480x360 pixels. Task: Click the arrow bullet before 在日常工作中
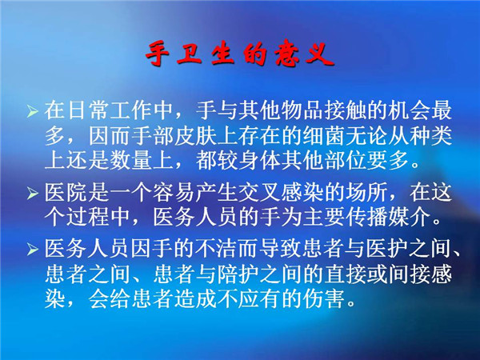(32, 110)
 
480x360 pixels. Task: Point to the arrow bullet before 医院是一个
(32, 193)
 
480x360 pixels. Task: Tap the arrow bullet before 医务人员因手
(32, 249)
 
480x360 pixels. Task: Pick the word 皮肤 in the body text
(195, 135)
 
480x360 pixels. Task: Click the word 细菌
(324, 135)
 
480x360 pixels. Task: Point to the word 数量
(131, 161)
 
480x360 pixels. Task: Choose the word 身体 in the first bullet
(259, 161)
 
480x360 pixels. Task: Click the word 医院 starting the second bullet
(66, 193)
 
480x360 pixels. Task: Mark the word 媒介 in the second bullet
(410, 218)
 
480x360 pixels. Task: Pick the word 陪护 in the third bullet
(238, 274)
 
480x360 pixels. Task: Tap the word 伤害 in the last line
(324, 298)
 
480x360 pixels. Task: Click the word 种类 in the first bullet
(431, 135)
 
